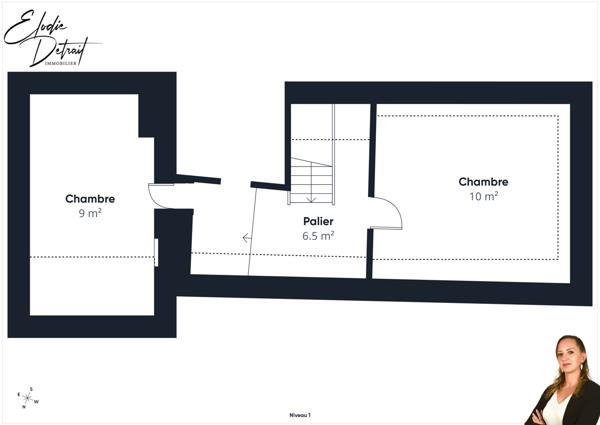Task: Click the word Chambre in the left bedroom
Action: [x=90, y=199]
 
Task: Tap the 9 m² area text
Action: [x=90, y=213]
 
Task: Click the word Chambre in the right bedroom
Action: [x=483, y=182]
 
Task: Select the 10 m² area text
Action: [x=483, y=196]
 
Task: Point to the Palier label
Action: [x=318, y=221]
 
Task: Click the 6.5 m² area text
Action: [x=318, y=236]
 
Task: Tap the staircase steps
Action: [x=310, y=180]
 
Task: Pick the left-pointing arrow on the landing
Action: [x=246, y=238]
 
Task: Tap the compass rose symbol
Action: [x=27, y=399]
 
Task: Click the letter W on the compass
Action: [x=37, y=403]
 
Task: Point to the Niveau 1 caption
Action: [x=300, y=414]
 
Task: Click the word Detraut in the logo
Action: [x=62, y=48]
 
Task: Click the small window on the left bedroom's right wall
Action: [x=156, y=252]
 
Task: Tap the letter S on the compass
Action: [x=31, y=389]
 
